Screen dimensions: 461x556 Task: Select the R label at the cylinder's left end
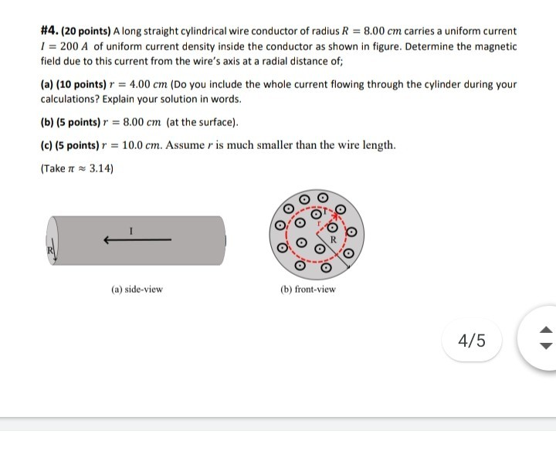[x=50, y=250]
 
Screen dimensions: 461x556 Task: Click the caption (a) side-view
[x=137, y=290]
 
